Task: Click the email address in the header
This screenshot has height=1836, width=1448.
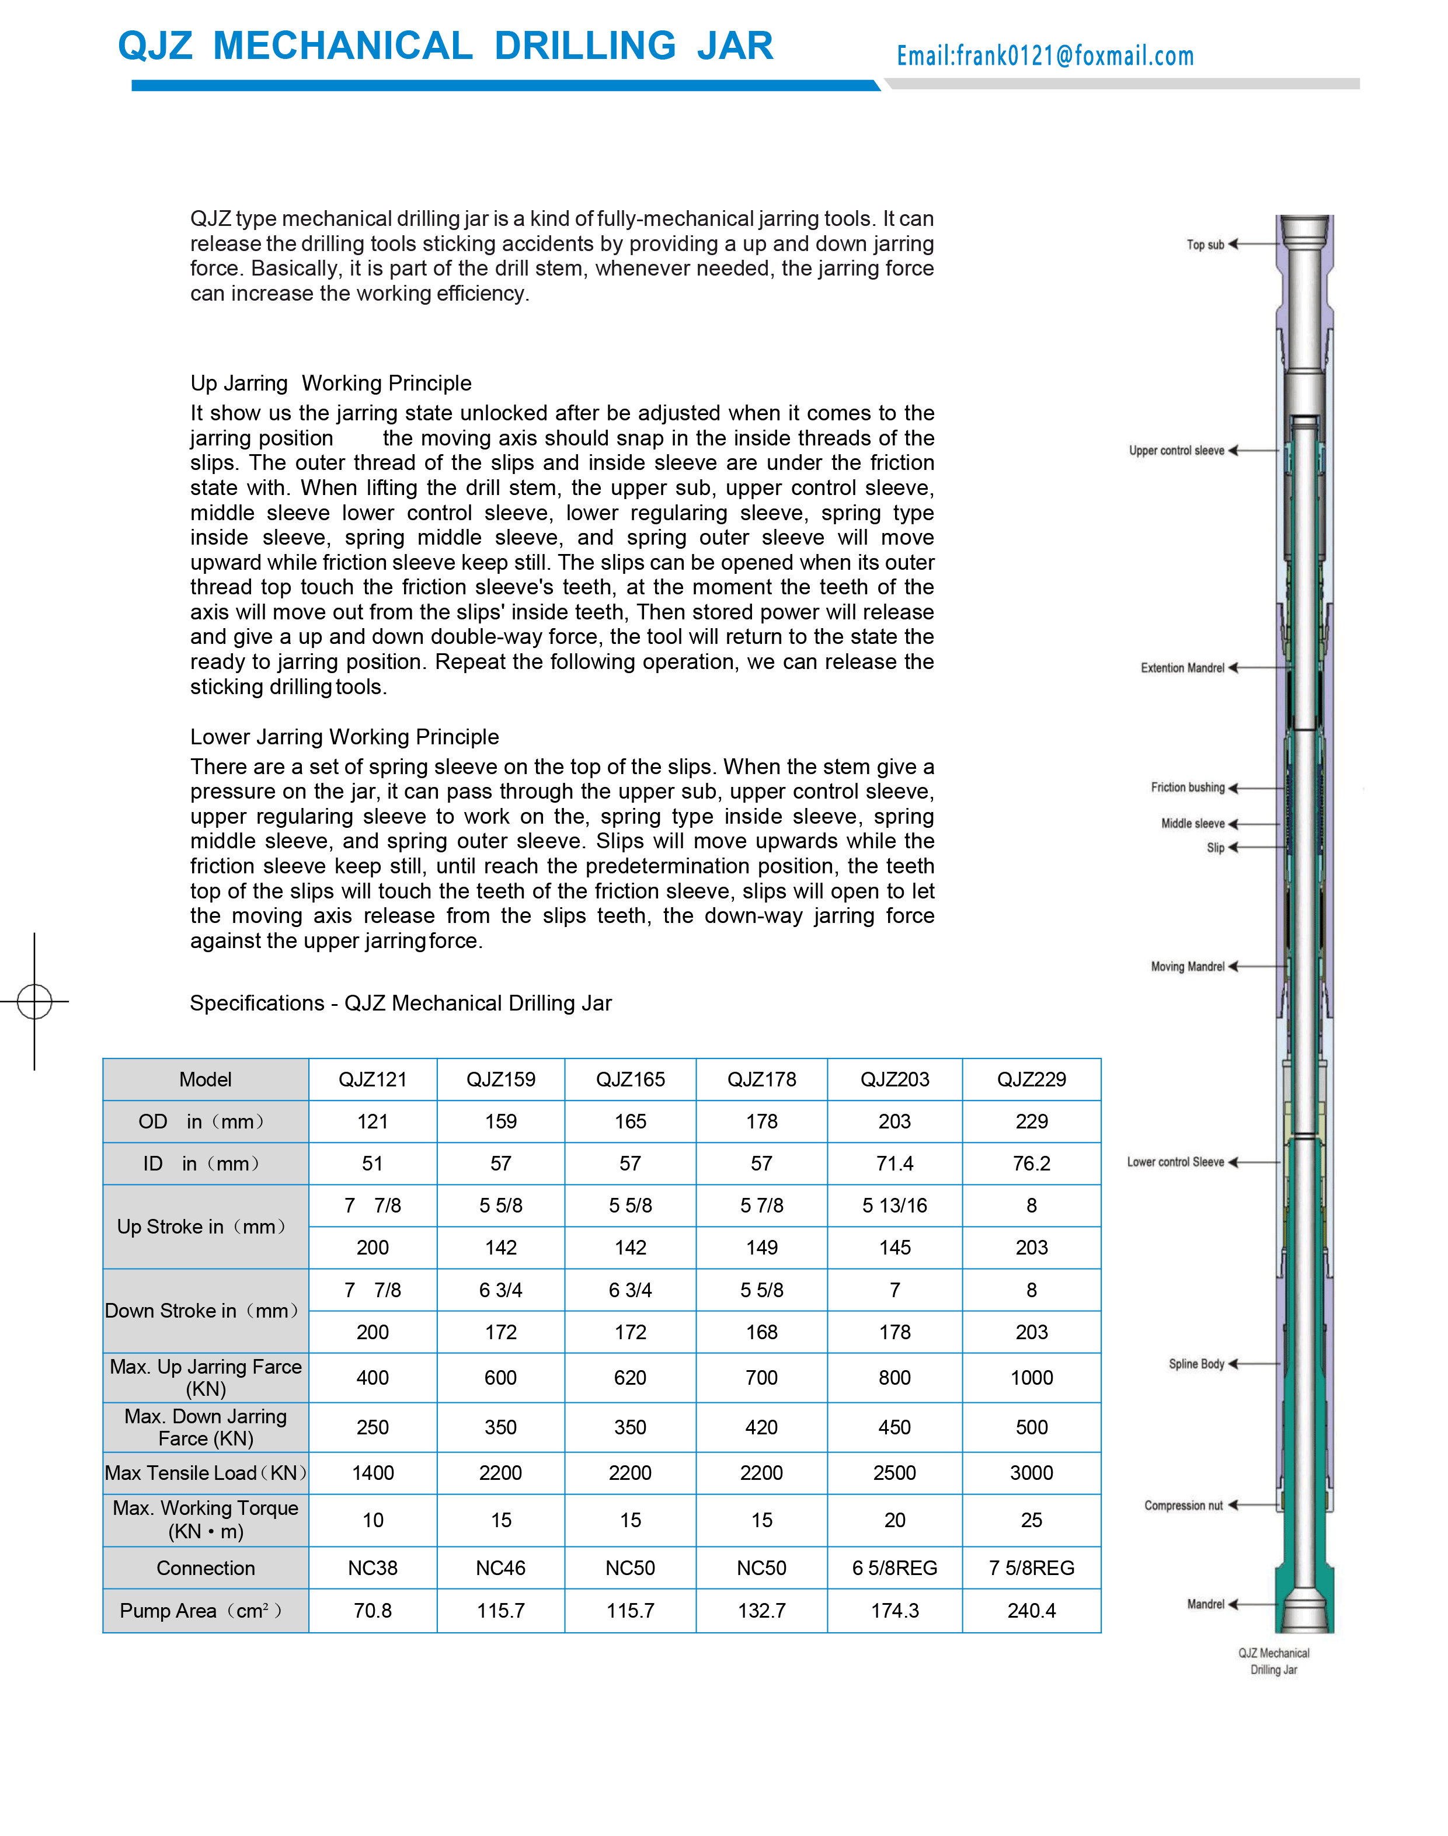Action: click(x=1045, y=56)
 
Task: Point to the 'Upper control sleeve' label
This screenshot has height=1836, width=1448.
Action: click(x=1176, y=451)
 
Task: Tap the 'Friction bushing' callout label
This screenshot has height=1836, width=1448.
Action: click(x=1187, y=788)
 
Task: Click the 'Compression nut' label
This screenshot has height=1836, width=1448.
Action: click(x=1183, y=1506)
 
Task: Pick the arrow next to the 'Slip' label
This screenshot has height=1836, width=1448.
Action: click(x=1234, y=848)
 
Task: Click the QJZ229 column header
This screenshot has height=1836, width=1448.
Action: click(x=1031, y=1079)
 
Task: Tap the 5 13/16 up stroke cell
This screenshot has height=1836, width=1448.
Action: click(x=894, y=1206)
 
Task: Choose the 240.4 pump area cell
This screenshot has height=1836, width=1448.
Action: click(x=1031, y=1611)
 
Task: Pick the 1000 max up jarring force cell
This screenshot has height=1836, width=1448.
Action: click(x=1031, y=1377)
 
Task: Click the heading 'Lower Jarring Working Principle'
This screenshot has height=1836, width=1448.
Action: click(x=344, y=737)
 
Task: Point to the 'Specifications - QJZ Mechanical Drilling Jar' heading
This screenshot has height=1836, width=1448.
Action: click(x=400, y=1003)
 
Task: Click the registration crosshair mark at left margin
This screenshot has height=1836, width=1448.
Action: click(x=35, y=1001)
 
